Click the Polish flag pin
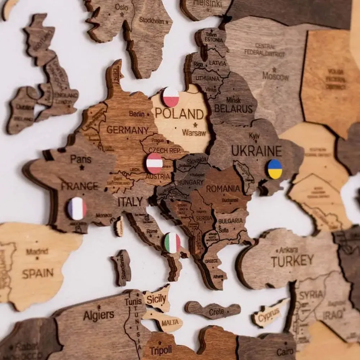(171, 97)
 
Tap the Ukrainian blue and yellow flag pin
(275, 169)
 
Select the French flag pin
(77, 208)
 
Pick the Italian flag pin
(172, 243)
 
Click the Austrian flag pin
(154, 163)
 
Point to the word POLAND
(179, 114)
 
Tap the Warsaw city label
(194, 133)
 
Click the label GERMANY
(127, 130)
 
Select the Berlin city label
(137, 114)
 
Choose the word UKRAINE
(256, 150)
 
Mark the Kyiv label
(254, 136)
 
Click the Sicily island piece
(157, 298)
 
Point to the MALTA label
(170, 323)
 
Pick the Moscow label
(275, 76)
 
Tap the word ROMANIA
(223, 188)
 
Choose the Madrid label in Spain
(37, 252)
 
